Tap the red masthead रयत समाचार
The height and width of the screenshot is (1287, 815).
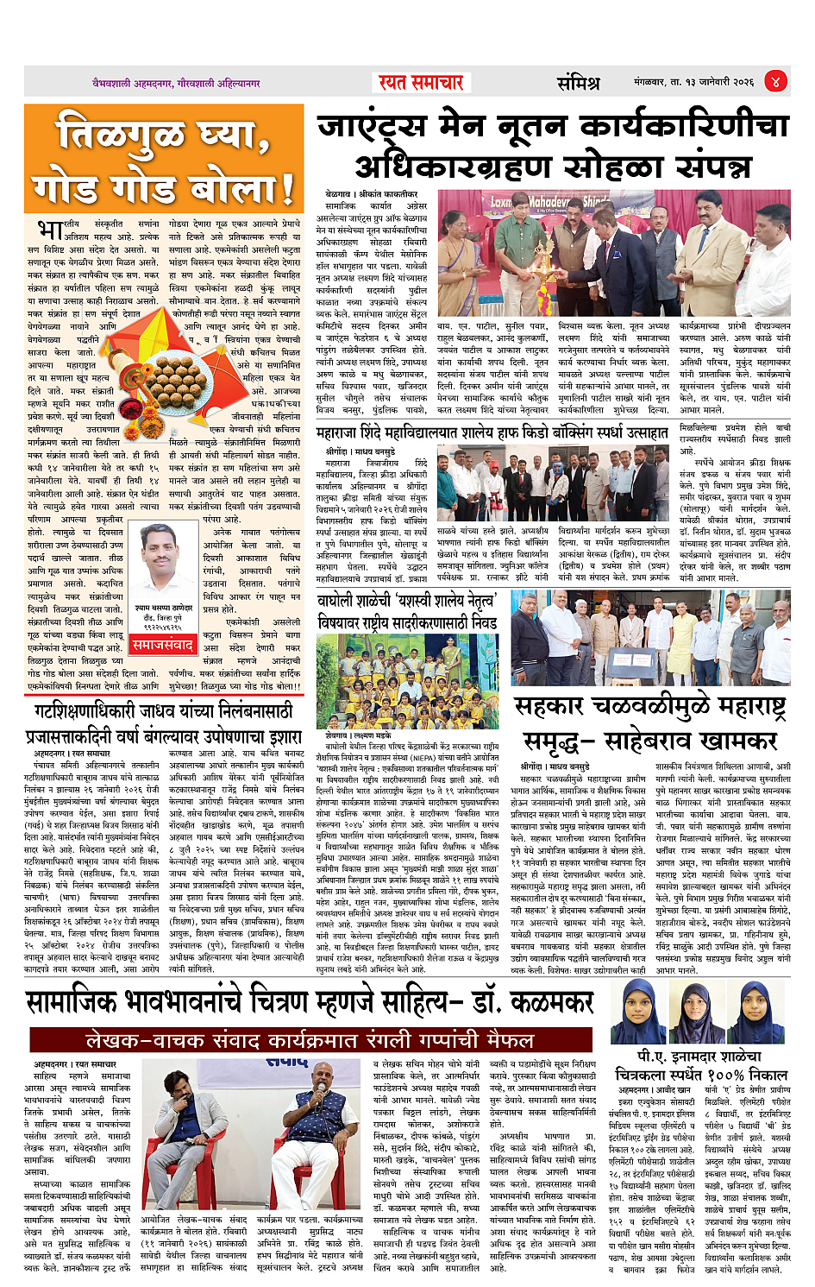coord(422,83)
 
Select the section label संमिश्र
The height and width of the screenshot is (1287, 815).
coord(577,83)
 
